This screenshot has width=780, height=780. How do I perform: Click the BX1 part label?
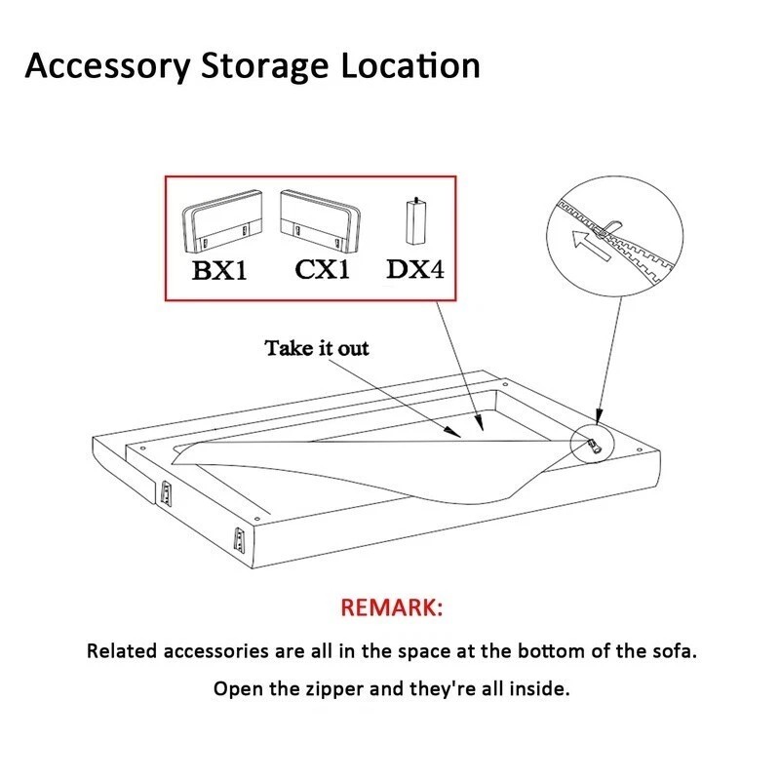coord(219,270)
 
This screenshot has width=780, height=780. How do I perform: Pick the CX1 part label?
coord(322,269)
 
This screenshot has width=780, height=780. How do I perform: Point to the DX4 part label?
coord(415,269)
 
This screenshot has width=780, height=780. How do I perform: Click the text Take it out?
coord(317,348)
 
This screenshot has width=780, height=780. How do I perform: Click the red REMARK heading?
coord(390,609)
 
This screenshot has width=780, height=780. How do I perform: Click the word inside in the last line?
coord(537,689)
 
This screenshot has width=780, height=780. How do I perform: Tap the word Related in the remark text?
coord(121,650)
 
